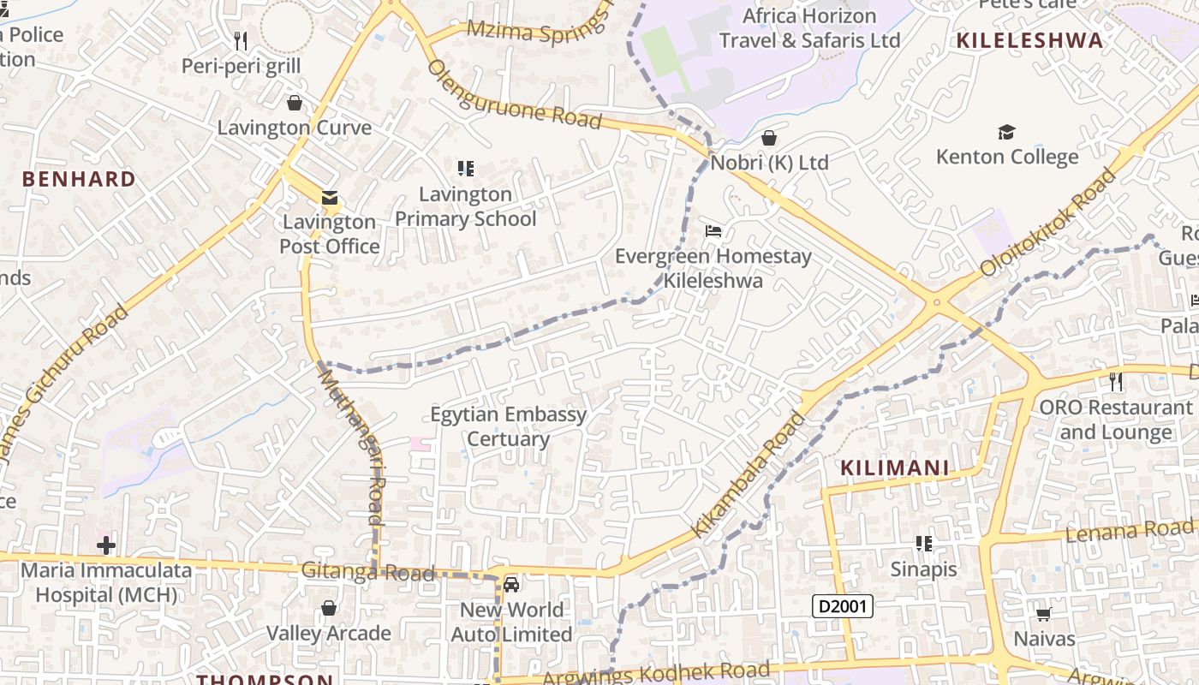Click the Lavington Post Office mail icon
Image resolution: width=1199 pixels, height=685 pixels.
click(x=329, y=198)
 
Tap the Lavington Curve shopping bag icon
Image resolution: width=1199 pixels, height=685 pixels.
click(x=295, y=104)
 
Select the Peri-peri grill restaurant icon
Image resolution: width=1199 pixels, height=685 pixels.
click(x=241, y=40)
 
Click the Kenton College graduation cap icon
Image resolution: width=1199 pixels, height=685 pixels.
click(x=1006, y=132)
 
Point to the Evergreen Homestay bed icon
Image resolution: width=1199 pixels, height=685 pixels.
click(x=713, y=231)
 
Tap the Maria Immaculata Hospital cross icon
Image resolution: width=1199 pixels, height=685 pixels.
click(x=106, y=545)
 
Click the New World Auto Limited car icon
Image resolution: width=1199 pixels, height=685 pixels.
click(x=511, y=585)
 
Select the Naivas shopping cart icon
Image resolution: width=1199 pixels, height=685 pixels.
click(x=1043, y=614)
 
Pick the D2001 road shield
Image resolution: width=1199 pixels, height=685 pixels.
click(x=842, y=607)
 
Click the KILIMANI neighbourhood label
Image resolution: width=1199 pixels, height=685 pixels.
click(x=895, y=468)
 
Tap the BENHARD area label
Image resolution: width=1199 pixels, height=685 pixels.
click(x=79, y=179)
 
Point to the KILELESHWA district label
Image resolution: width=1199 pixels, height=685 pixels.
click(x=1029, y=40)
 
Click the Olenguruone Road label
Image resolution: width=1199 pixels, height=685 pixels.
click(x=514, y=94)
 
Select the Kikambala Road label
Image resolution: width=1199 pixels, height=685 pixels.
click(x=749, y=474)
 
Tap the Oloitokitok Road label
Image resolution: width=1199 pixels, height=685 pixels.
click(x=1050, y=222)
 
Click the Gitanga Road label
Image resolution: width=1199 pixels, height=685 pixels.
click(x=367, y=572)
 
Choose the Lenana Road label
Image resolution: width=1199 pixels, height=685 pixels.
click(x=1129, y=532)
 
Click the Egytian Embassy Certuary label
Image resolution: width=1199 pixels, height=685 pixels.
click(x=509, y=426)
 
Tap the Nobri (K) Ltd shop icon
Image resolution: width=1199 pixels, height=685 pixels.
click(x=769, y=138)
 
